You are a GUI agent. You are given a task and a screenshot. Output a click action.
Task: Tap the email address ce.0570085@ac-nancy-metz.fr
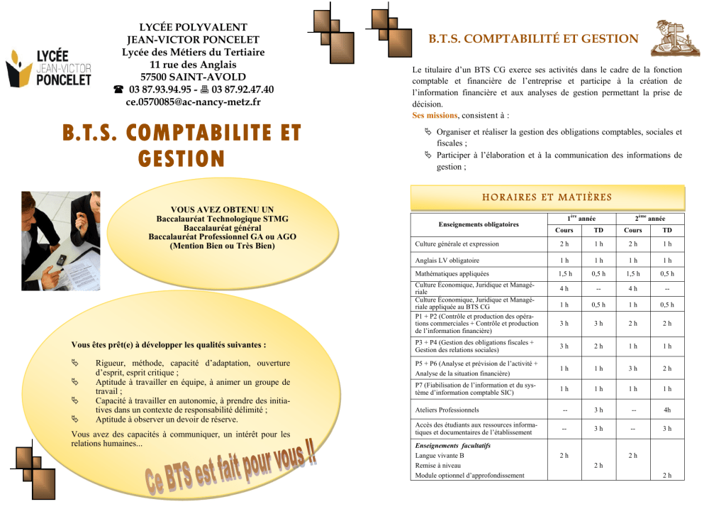[x=193, y=102]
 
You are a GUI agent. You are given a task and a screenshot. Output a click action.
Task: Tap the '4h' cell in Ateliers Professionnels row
[x=666, y=410]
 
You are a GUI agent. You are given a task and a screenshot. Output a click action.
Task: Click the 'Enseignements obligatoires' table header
[x=478, y=224]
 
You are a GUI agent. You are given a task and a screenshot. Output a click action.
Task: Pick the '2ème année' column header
[x=649, y=218]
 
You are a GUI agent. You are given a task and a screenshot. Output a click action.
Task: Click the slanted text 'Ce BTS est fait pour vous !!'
[x=233, y=469]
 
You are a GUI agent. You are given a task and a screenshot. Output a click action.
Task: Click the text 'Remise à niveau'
[x=439, y=465]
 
